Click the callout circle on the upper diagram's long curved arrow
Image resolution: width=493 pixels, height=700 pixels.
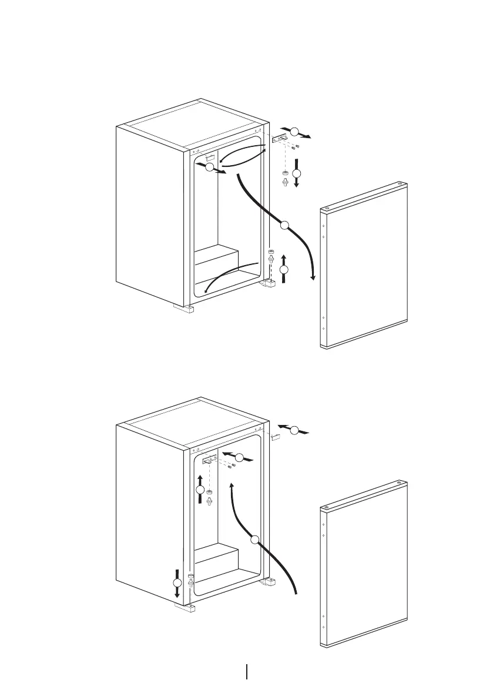pos(284,224)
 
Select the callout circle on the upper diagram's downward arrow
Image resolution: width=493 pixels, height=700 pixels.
pos(296,173)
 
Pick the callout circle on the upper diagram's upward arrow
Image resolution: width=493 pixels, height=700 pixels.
pos(284,269)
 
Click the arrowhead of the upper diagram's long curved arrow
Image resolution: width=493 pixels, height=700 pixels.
pos(313,276)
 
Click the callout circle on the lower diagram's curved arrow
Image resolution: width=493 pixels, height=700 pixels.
pos(254,540)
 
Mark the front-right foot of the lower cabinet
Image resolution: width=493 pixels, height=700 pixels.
pos(270,582)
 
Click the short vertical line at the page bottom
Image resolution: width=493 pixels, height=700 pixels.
pos(246,672)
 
